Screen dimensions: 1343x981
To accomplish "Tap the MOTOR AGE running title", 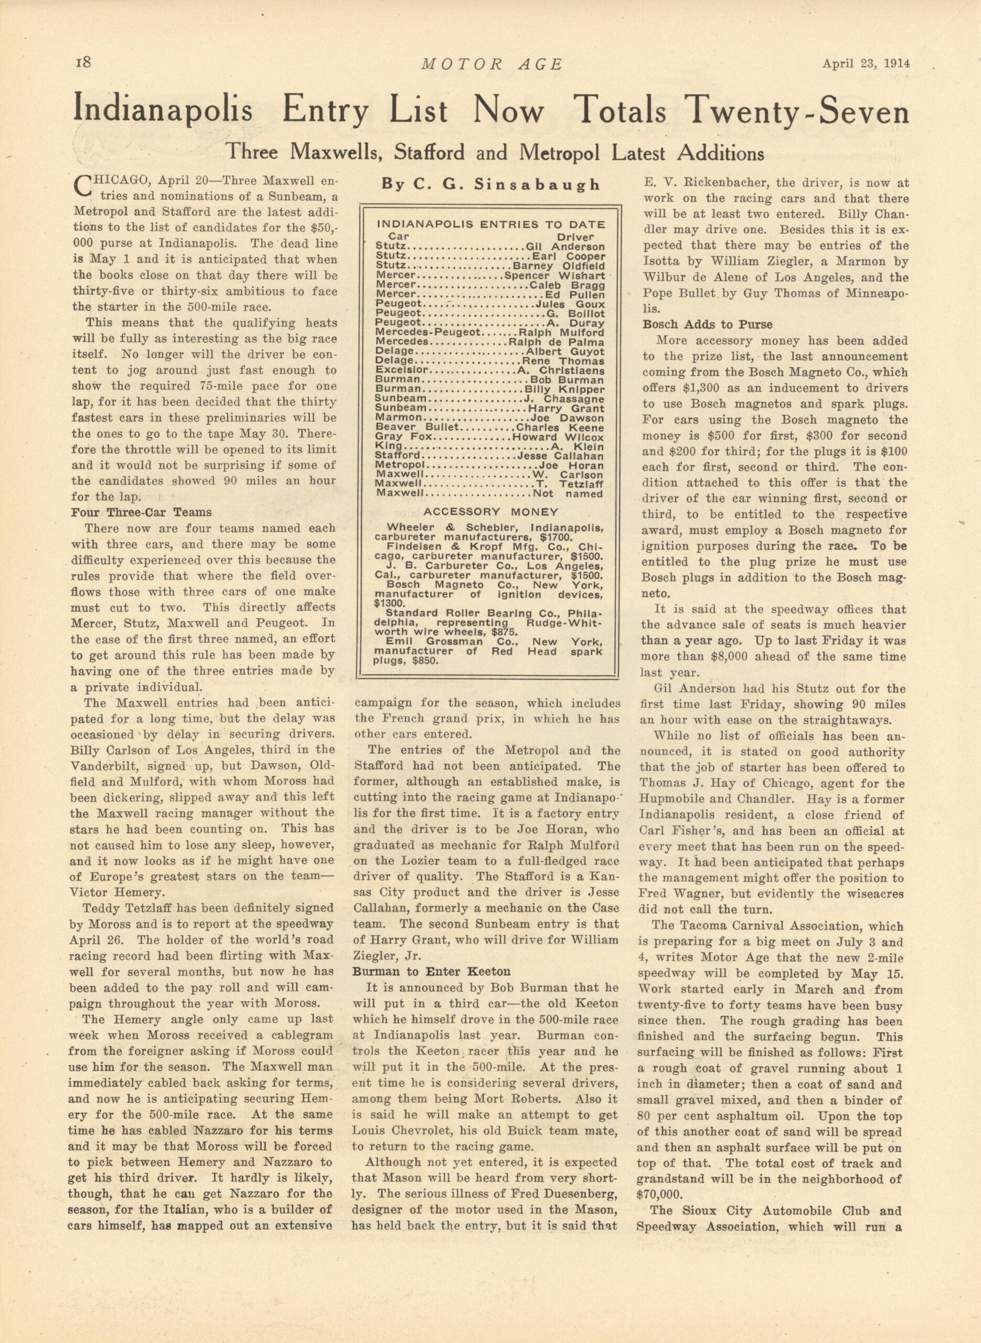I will (491, 64).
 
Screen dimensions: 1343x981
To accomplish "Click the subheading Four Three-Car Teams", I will (141, 512).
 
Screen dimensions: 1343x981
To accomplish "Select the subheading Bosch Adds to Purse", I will (707, 324).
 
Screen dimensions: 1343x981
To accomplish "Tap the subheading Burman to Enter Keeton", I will (431, 972).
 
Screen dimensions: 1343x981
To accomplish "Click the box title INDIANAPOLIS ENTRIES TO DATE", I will (491, 225).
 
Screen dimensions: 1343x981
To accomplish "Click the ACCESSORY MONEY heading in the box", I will (491, 512).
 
